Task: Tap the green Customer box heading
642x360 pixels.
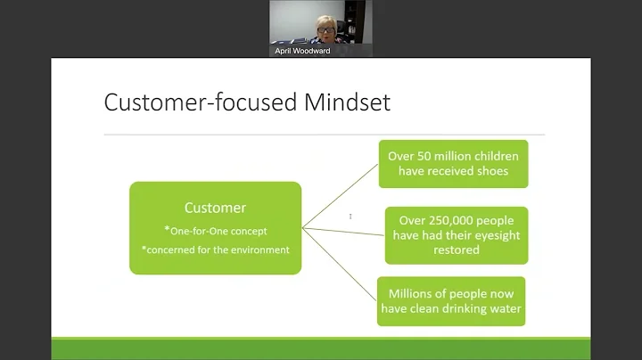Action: [x=215, y=208]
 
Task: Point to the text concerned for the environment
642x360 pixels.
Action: [x=215, y=250]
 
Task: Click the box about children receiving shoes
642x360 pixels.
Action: [x=453, y=164]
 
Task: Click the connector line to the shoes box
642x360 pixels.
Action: [x=341, y=194]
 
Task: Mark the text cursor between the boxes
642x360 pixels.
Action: [x=350, y=217]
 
